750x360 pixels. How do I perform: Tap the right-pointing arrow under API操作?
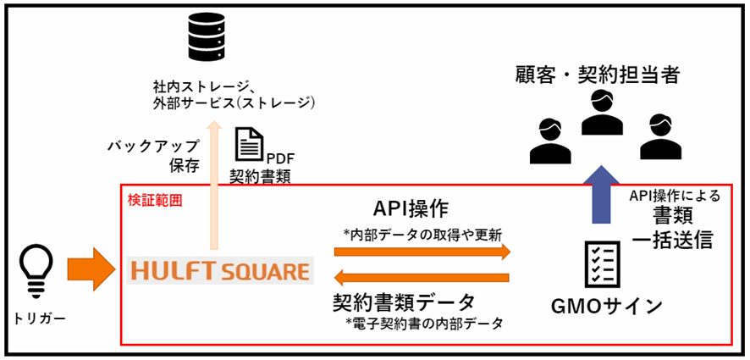tap(422, 252)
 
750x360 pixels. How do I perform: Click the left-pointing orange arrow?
tap(422, 277)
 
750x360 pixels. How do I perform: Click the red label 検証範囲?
tap(154, 201)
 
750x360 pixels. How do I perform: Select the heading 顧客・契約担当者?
tap(598, 75)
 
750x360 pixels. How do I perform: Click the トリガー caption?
tap(35, 320)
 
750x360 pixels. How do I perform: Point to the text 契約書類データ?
tap(405, 302)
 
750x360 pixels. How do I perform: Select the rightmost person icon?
tap(659, 136)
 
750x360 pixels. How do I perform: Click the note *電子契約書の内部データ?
tap(423, 323)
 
